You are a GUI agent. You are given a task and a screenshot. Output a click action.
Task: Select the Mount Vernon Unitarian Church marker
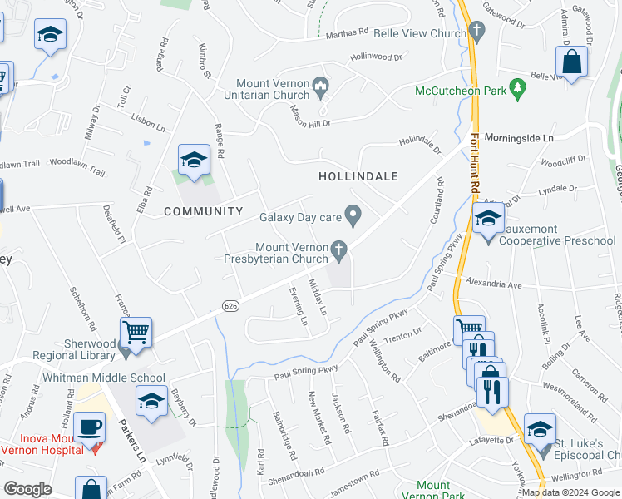(320, 84)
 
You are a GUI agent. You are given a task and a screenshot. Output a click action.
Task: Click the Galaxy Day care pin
(353, 217)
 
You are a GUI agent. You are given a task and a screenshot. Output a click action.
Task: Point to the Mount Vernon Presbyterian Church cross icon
(338, 248)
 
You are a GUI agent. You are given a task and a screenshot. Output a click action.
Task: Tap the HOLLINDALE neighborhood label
(358, 176)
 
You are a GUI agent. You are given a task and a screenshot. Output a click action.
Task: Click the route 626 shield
(231, 306)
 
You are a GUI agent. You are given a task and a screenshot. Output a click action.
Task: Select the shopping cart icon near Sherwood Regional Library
(136, 333)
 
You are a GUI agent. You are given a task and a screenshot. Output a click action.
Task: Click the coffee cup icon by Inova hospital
(91, 428)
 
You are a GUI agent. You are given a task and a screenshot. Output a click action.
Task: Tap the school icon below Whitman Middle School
(151, 401)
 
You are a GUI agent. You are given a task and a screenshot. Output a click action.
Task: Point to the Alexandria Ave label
(497, 284)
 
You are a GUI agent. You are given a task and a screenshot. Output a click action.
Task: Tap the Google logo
(27, 489)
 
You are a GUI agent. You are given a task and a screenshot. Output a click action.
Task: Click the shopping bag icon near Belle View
(572, 61)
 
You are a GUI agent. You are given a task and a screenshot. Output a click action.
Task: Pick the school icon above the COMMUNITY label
(194, 160)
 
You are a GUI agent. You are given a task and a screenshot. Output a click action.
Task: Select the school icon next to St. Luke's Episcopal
(541, 428)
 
